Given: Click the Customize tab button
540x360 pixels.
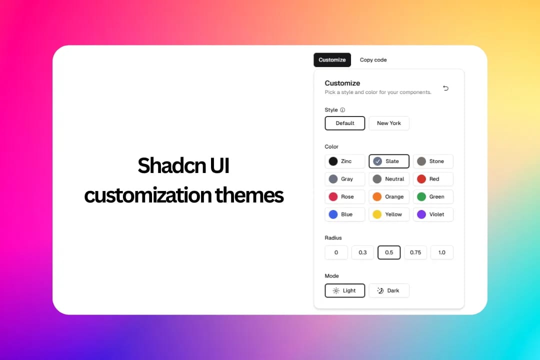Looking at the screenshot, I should click(332, 60).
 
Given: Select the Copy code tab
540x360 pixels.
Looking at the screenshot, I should click(373, 60).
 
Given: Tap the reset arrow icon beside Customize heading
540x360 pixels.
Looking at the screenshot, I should click(445, 88).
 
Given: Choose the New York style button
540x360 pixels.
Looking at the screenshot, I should click(389, 123).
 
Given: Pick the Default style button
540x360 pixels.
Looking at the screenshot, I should click(345, 123).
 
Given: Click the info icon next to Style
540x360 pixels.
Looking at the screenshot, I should click(342, 110).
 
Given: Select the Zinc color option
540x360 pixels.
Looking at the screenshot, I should click(345, 161).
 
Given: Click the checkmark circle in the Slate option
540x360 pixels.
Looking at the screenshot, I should click(377, 161).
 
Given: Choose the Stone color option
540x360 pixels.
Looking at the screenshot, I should click(433, 161).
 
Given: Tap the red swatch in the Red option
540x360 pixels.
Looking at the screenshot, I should click(421, 179).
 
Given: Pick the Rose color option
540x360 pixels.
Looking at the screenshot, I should click(345, 197).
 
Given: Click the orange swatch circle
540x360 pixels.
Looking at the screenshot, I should click(377, 197).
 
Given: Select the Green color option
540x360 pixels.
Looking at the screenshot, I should click(433, 197).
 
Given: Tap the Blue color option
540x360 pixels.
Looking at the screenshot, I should click(345, 214).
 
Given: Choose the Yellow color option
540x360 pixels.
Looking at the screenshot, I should click(389, 214).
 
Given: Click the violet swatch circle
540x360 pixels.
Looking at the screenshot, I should click(421, 214).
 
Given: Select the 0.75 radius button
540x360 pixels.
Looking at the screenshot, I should click(415, 252).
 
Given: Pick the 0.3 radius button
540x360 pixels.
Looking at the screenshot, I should click(362, 252).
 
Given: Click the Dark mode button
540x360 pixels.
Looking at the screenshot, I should click(389, 290).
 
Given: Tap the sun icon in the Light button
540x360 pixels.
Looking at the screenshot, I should click(336, 290).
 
